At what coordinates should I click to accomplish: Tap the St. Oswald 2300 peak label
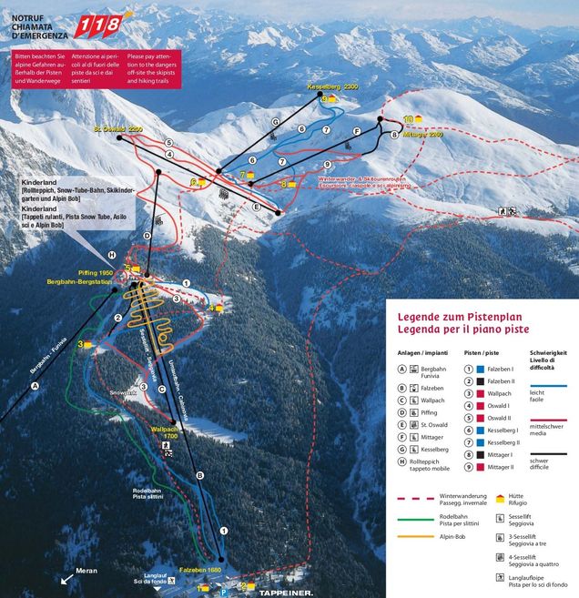pos(118,129)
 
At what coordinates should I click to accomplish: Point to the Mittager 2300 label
pos(422,134)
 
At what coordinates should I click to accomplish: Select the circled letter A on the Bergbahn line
pos(36,386)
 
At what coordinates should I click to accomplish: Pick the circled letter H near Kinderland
pos(112,255)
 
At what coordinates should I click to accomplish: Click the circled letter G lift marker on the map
pos(274,123)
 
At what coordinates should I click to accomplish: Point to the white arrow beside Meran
pos(66,577)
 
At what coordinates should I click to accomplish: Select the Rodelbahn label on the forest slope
pos(147,492)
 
